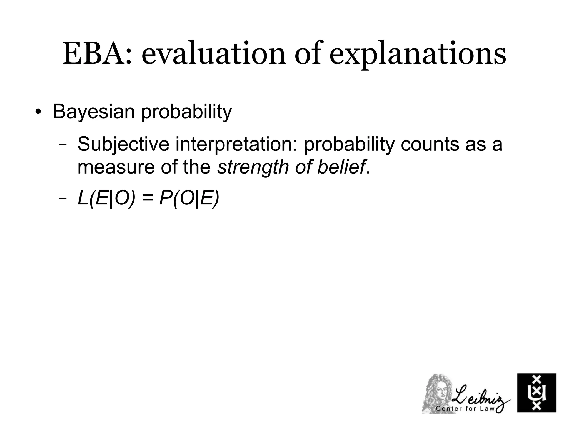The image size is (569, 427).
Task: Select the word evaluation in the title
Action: point(213,54)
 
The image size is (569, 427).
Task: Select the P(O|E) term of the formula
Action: point(189,199)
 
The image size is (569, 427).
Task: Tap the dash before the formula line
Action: point(63,198)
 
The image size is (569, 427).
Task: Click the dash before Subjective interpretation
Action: point(63,145)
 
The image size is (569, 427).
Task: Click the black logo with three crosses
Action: point(536,393)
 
